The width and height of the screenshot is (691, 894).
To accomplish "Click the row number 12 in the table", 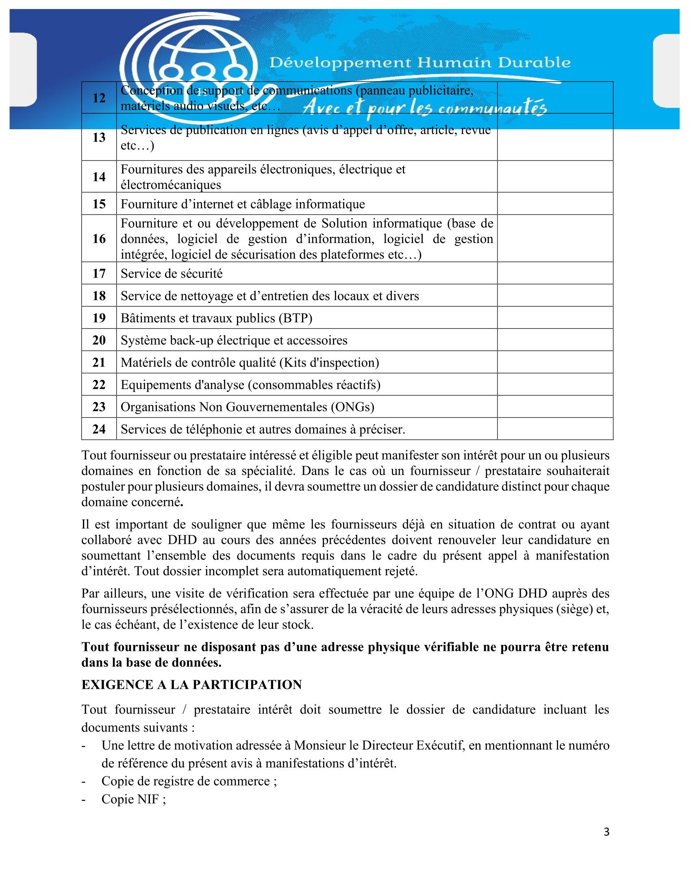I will tap(99, 98).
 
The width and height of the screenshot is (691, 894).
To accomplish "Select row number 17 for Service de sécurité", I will tap(99, 273).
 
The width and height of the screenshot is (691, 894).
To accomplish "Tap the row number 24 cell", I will tap(99, 429).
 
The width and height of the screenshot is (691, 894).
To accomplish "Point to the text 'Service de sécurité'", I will tap(172, 273).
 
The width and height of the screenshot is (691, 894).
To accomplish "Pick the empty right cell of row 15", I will tap(555, 204).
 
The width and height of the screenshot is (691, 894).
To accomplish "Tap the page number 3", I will tap(606, 832).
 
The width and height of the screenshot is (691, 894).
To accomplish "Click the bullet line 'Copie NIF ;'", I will tap(134, 799).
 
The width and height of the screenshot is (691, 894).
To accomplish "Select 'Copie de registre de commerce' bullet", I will tap(189, 781).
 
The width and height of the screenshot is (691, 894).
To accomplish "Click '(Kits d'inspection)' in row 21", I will tap(329, 362).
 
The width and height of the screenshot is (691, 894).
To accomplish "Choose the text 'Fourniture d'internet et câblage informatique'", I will tap(243, 204).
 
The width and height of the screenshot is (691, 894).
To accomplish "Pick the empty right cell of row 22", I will tap(555, 385).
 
